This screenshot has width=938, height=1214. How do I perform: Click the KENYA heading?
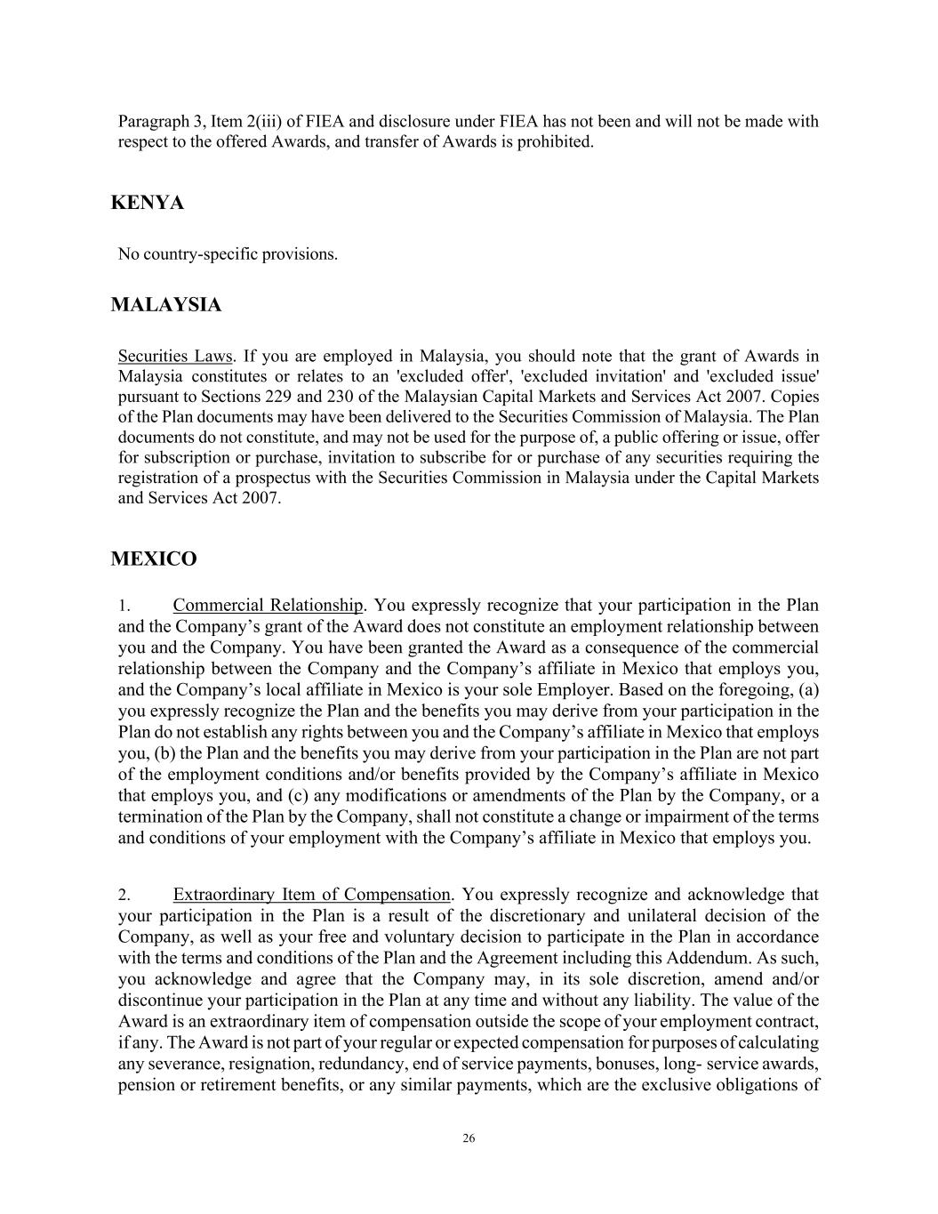point(147,203)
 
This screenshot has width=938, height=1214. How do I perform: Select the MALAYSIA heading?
point(165,305)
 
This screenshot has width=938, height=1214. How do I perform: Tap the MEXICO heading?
point(154,559)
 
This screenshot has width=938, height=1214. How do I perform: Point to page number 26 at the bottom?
point(469,1138)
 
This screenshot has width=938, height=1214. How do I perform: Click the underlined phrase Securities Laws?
point(174,357)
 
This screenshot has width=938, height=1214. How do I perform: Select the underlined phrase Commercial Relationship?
point(268,606)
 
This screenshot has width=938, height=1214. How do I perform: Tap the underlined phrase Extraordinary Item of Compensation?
point(311,895)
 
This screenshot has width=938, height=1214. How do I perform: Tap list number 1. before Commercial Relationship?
point(124,607)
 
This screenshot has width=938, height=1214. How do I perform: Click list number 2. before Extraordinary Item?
point(124,896)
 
